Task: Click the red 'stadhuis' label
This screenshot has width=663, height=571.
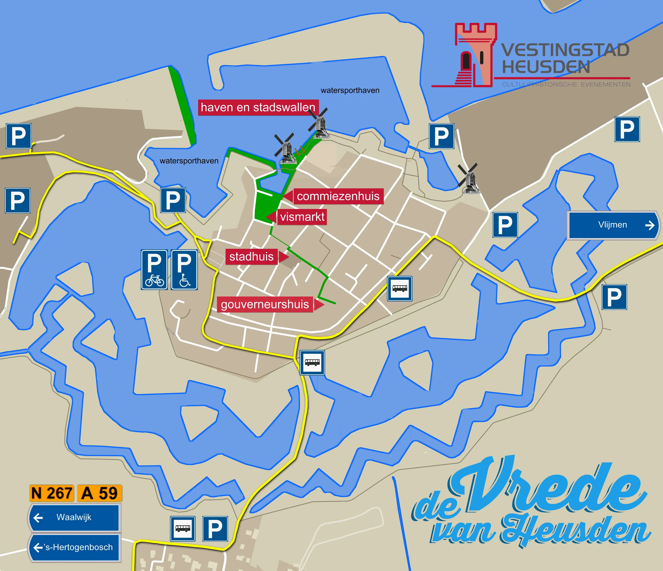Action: [252, 257]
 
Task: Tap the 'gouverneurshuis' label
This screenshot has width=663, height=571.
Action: [265, 304]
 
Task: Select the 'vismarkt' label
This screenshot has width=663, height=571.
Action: [302, 217]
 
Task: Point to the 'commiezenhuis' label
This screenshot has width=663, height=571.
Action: [338, 196]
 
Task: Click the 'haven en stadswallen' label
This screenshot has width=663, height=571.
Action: [258, 108]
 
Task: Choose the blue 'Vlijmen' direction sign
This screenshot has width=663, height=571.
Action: [613, 225]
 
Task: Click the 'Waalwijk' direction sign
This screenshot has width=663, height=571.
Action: [74, 517]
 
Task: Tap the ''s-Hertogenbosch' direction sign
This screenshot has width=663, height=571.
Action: [75, 547]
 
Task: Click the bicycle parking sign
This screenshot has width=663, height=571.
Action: [154, 270]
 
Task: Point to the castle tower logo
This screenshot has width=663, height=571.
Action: [475, 54]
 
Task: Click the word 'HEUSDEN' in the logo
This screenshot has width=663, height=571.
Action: [546, 67]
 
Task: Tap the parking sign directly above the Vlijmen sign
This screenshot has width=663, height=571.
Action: [627, 129]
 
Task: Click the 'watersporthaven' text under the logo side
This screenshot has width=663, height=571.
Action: [350, 91]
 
